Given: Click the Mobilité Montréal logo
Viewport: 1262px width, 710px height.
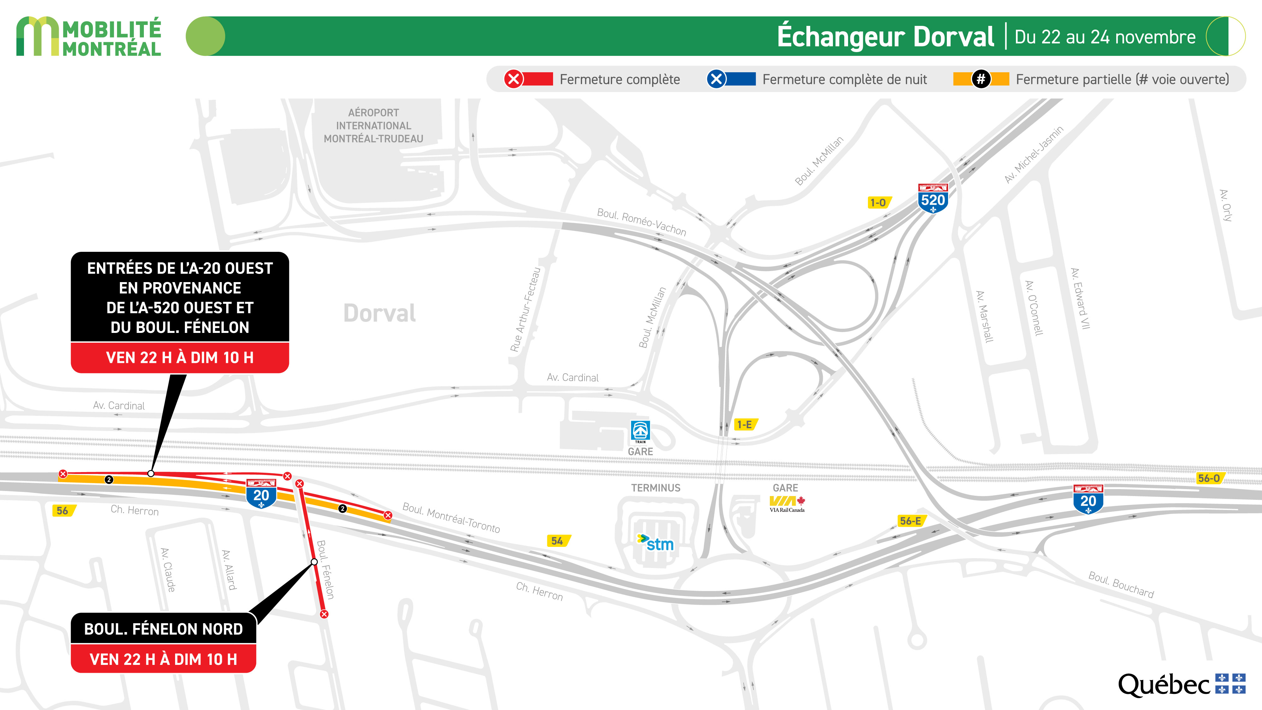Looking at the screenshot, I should point(89,37).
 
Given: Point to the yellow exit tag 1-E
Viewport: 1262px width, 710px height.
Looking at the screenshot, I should point(745,424).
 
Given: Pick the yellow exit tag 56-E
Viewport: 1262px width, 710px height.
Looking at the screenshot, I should point(911,521).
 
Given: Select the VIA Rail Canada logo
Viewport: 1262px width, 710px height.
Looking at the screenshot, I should point(787,503).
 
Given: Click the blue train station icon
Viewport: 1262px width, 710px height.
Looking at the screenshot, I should point(640,431).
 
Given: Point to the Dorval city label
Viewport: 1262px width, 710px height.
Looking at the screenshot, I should point(380,313).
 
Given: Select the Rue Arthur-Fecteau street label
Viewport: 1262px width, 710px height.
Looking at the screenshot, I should point(525,310).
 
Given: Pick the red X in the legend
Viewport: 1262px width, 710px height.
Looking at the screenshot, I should point(513,79).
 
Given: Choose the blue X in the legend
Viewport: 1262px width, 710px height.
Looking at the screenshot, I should point(716,79).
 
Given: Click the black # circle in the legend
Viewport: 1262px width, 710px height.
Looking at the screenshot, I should point(981,79).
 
